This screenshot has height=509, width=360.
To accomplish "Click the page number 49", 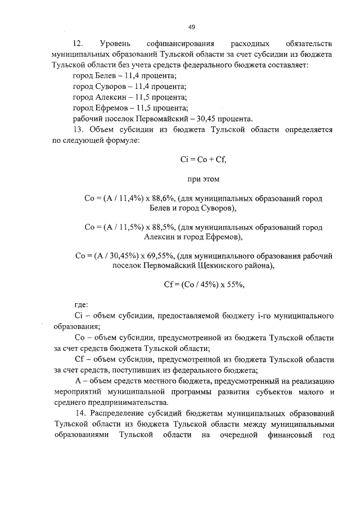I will coord(192,26).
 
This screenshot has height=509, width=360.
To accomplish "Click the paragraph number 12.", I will coord(78,43).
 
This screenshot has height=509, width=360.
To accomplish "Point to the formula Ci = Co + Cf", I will coord(203,160).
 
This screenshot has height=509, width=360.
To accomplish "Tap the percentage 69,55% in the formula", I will coord(162,255).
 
